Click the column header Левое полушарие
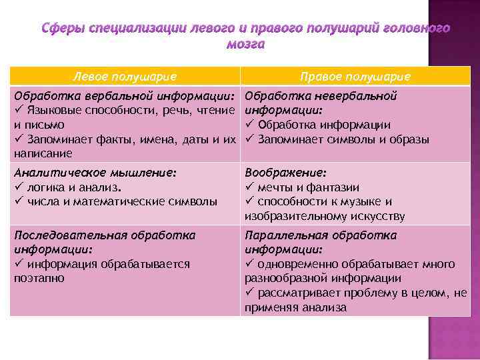coord(125,76)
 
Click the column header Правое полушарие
coord(355,76)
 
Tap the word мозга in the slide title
coord(245,45)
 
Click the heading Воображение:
coord(286,172)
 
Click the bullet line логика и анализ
coord(65,187)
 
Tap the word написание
coord(42,153)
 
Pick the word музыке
coord(355,201)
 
